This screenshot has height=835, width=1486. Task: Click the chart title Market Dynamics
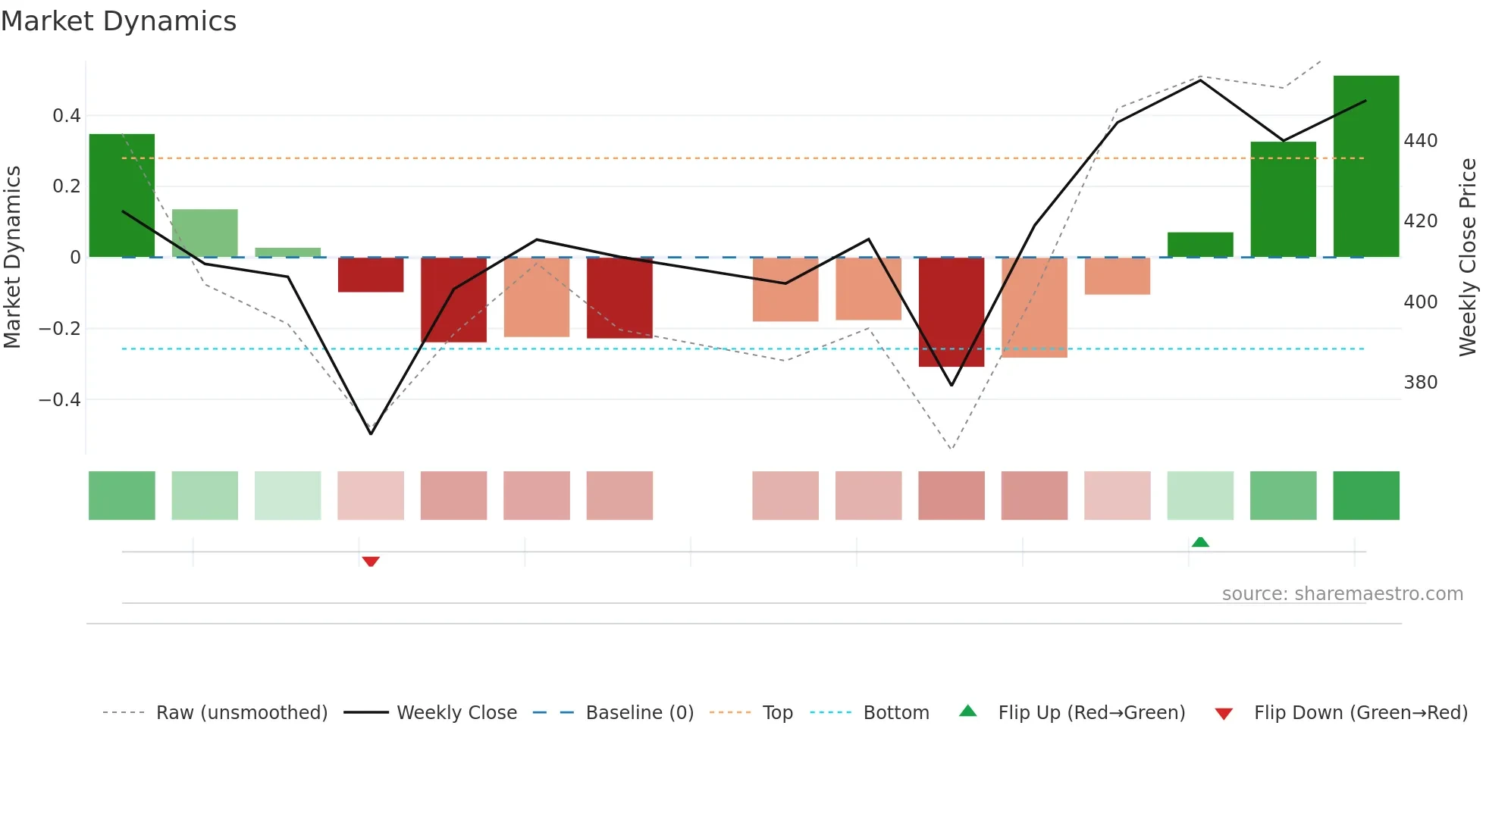(x=118, y=21)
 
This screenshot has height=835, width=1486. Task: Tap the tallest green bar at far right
(x=1365, y=167)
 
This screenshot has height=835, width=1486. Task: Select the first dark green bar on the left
(x=121, y=195)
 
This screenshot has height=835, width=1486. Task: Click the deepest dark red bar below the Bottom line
(x=951, y=312)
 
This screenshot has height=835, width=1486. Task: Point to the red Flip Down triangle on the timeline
(x=371, y=561)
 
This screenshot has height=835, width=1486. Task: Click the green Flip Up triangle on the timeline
(x=1200, y=542)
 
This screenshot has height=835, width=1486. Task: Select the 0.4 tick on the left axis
(x=67, y=116)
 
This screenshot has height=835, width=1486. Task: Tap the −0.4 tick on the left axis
(x=60, y=399)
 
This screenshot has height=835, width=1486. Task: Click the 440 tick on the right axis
(x=1420, y=141)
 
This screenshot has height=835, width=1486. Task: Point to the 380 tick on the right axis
(x=1420, y=383)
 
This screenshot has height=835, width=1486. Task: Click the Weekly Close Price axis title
(x=1468, y=258)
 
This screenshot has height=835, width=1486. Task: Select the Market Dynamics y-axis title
(x=12, y=258)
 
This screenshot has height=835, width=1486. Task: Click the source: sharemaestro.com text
(x=1342, y=594)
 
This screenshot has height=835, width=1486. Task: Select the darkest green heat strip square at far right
(x=1365, y=496)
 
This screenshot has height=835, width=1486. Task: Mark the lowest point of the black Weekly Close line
(x=371, y=433)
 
